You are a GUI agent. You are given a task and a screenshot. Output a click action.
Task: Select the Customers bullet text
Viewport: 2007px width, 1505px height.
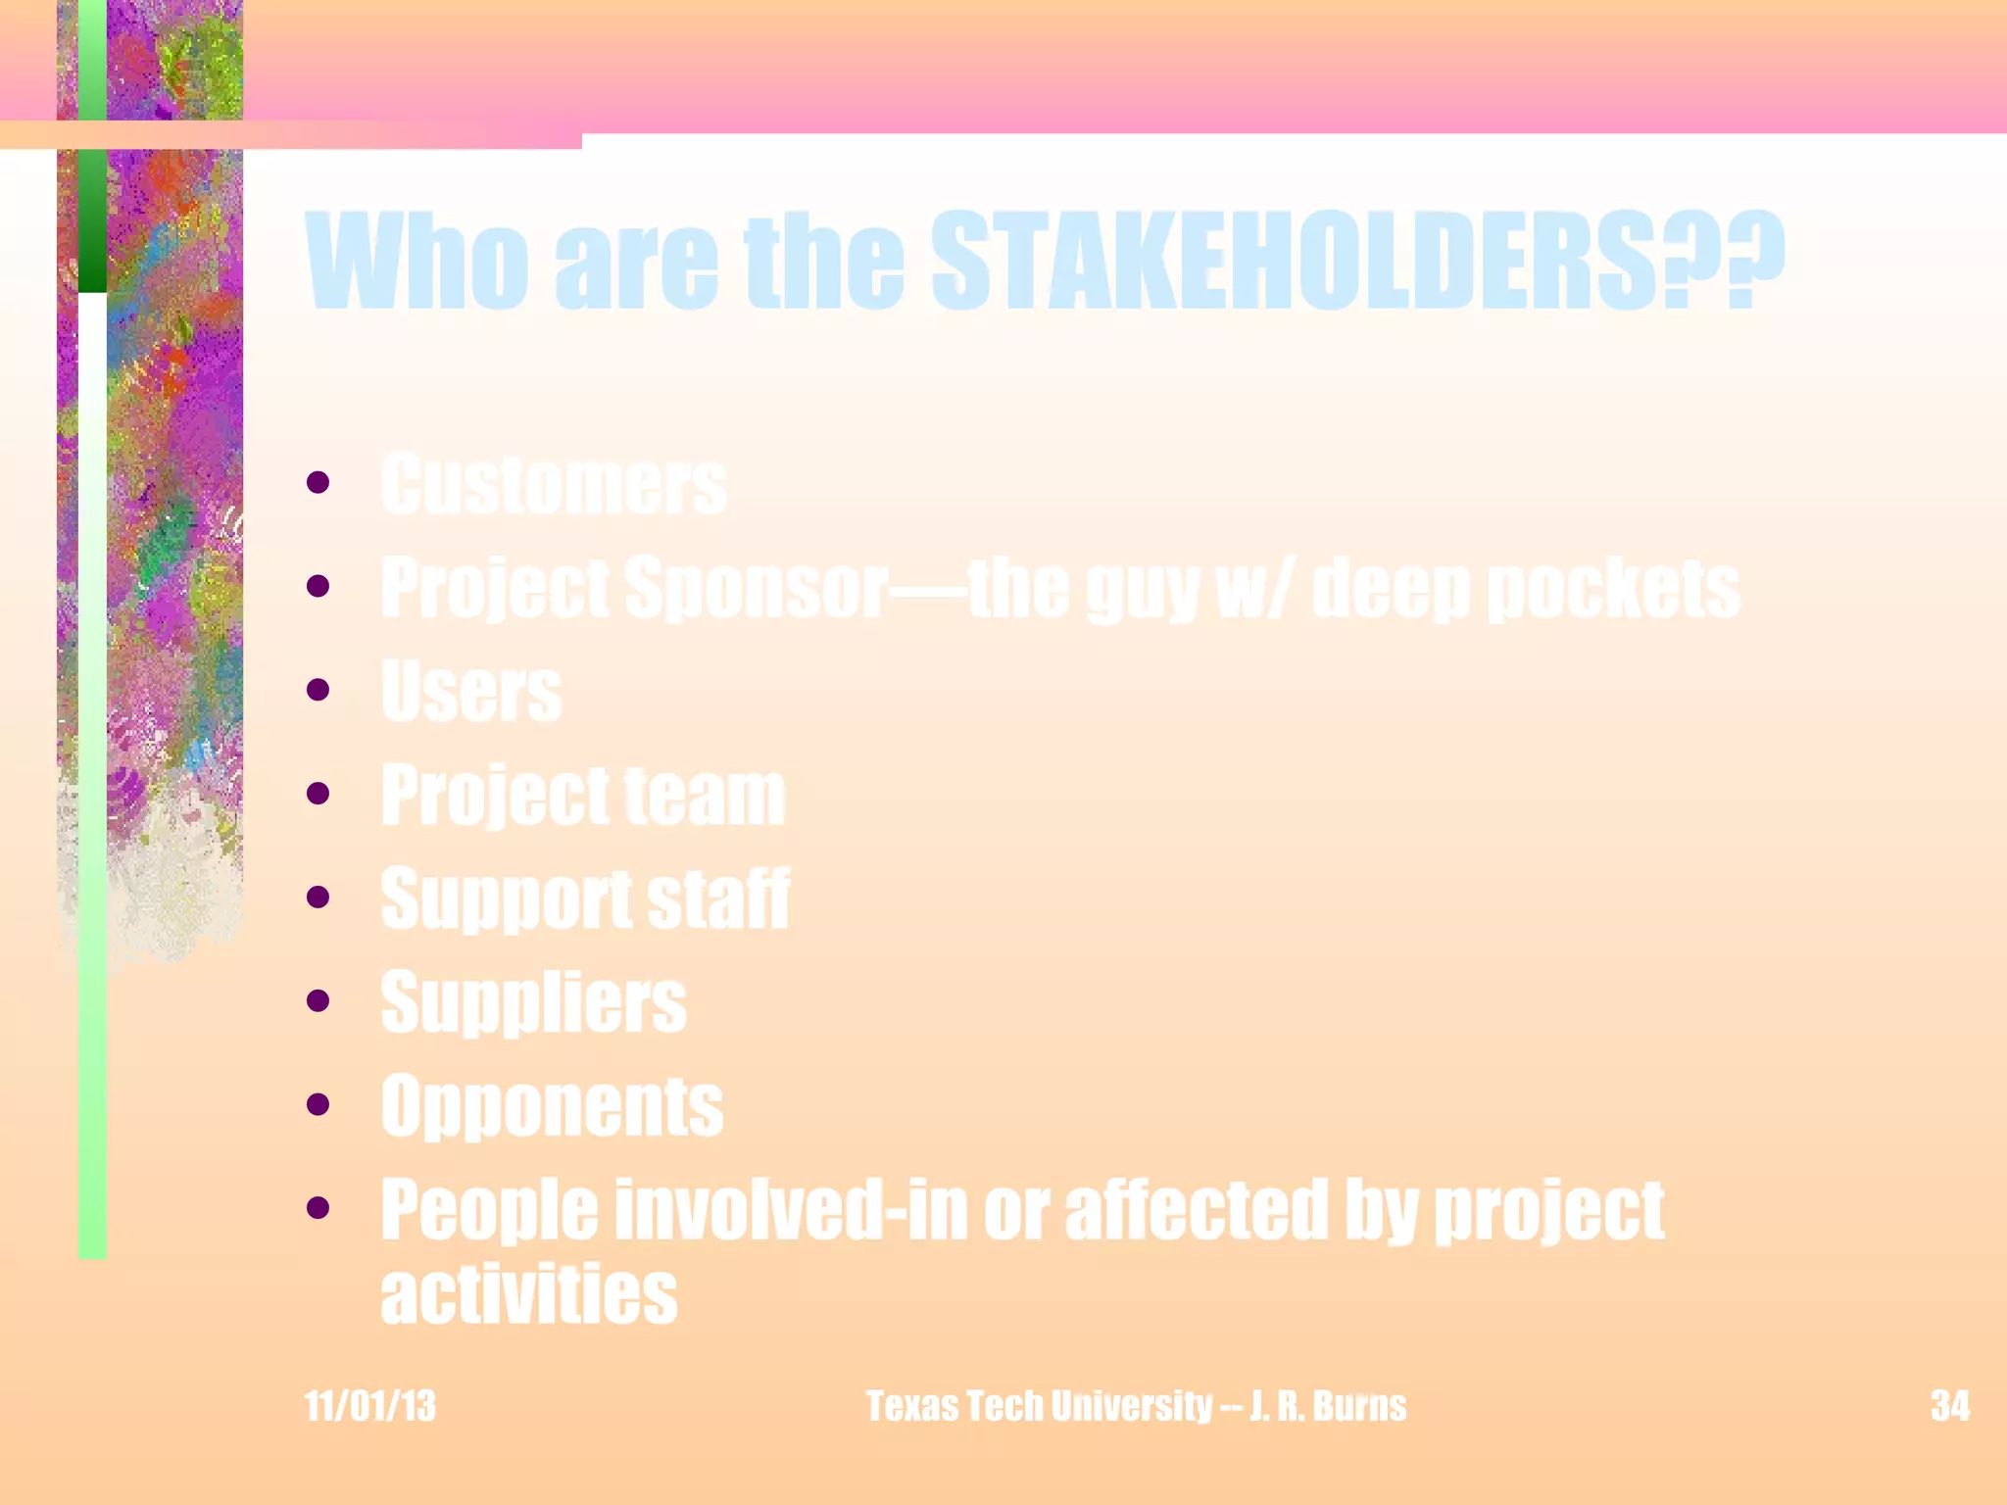click(554, 484)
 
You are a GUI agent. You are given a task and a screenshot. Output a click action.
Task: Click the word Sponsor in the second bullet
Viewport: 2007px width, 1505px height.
click(757, 588)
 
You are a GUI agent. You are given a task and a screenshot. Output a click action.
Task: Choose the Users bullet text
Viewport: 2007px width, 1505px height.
click(471, 691)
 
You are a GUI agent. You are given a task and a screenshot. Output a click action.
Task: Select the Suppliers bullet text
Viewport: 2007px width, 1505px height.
click(534, 1002)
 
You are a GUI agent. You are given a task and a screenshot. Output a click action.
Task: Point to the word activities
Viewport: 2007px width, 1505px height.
click(529, 1293)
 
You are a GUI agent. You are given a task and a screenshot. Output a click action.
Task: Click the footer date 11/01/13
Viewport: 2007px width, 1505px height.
click(369, 1406)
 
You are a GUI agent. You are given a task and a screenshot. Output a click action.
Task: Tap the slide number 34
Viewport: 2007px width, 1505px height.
click(1949, 1406)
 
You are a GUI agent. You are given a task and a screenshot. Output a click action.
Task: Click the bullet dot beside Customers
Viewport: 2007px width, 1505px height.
click(318, 481)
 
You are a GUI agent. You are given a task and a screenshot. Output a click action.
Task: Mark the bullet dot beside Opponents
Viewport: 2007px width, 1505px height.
click(318, 1104)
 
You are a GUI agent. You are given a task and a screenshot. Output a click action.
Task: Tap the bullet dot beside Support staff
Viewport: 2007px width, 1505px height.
click(318, 897)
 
